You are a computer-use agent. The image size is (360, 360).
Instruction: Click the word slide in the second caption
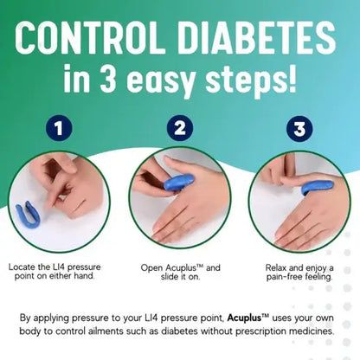pos(162,279)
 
